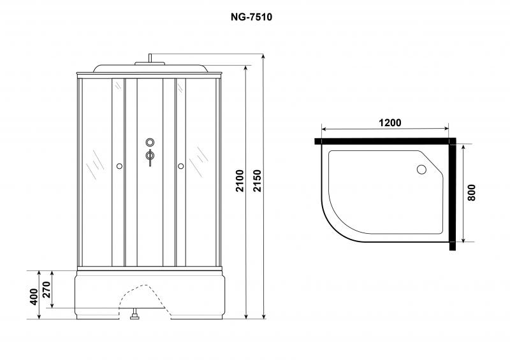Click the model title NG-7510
[x=251, y=17]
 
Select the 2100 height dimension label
[x=240, y=181]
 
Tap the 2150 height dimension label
[x=257, y=181]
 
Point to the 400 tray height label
[x=34, y=296]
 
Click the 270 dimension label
[x=47, y=289]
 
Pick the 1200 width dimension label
[x=390, y=122]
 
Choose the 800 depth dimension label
[x=471, y=192]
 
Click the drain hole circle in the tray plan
[x=421, y=169]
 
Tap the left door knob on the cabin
[x=119, y=166]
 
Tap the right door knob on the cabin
[x=181, y=166]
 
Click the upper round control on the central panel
[x=150, y=142]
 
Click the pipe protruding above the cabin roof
[x=150, y=58]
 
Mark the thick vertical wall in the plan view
[x=453, y=194]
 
